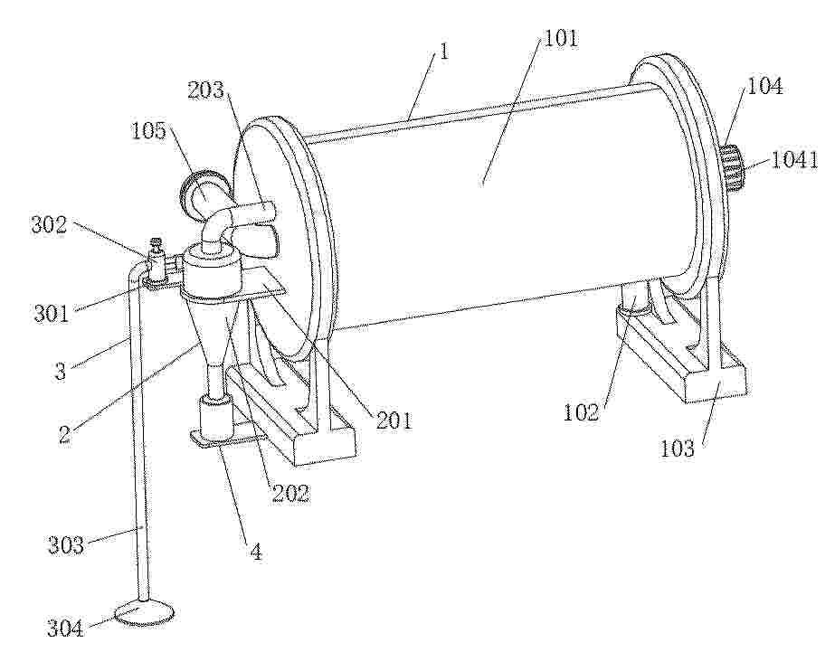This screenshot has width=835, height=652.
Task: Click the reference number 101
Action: [560, 39]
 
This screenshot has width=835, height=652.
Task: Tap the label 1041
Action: [794, 160]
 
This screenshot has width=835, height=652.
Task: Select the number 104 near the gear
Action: [765, 86]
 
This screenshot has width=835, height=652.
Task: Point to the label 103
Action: [678, 449]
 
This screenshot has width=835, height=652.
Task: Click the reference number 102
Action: [582, 412]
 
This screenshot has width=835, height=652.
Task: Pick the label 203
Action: [206, 90]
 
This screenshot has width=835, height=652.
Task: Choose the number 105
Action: [148, 130]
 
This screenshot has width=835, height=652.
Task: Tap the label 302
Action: [50, 225]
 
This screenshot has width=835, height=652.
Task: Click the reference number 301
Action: [52, 313]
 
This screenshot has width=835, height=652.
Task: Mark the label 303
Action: [66, 545]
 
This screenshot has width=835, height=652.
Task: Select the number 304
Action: [65, 629]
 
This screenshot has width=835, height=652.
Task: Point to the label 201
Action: [394, 420]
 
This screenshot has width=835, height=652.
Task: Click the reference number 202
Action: [290, 494]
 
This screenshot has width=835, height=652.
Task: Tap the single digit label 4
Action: [256, 553]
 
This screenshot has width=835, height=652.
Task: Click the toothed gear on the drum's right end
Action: [734, 167]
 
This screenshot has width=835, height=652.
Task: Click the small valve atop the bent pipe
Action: [156, 260]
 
